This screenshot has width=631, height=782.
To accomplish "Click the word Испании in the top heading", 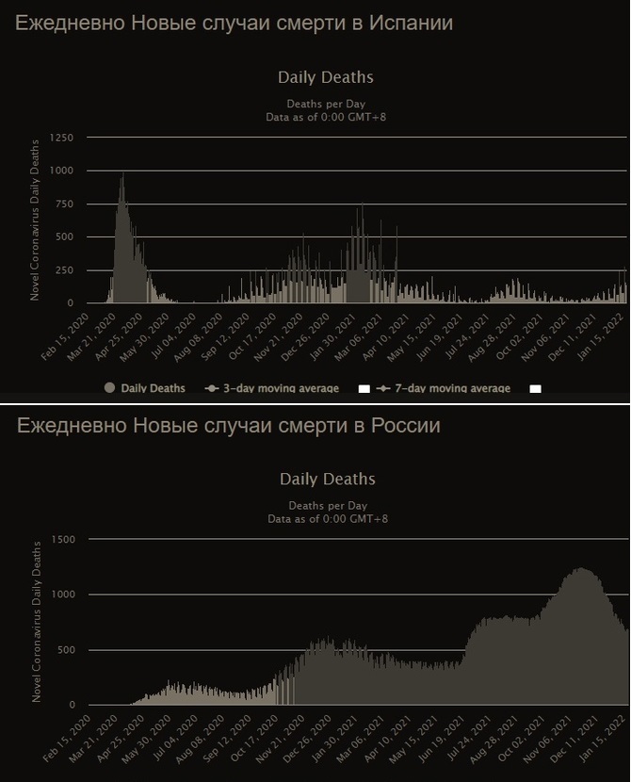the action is (x=411, y=23).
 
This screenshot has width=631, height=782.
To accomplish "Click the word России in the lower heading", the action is (x=405, y=426).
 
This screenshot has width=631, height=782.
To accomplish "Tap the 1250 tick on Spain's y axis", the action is (x=61, y=138).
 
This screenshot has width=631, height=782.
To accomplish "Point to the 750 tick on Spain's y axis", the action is (x=64, y=204).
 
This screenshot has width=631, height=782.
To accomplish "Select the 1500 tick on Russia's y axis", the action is (x=63, y=539).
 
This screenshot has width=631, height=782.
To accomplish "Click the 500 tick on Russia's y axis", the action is (x=66, y=650).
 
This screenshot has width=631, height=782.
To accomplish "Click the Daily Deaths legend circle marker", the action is (x=109, y=387).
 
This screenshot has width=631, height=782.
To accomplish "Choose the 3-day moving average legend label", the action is (x=281, y=388).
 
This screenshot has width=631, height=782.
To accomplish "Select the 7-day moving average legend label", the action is (x=453, y=388).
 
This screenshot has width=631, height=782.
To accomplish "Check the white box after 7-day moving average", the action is (x=535, y=388).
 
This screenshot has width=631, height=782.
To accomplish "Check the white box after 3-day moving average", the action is (x=364, y=388).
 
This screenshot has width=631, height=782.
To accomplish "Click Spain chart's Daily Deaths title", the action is (x=326, y=78).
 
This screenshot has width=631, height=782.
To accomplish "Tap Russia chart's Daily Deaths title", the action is (x=328, y=480).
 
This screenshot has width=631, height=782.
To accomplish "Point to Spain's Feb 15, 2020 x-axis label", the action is (x=65, y=336).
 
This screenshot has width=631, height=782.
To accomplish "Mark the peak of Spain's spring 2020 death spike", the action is (x=123, y=173).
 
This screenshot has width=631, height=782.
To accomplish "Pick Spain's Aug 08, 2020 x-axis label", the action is (x=198, y=336).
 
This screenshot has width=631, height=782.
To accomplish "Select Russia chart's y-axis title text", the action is (x=37, y=622).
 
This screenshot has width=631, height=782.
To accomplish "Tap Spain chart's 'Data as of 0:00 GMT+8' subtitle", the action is (x=326, y=117).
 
